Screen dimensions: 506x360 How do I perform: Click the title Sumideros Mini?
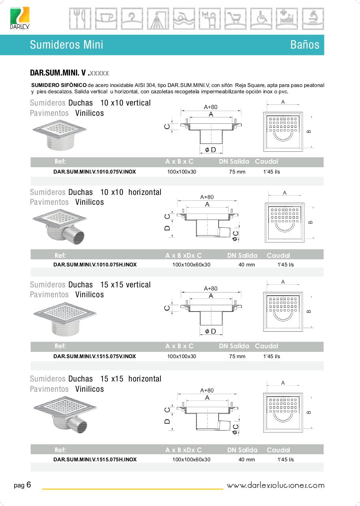coord(66,45)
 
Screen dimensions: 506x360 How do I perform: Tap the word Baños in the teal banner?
coord(305,45)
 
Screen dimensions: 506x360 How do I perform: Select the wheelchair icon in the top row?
coord(261,19)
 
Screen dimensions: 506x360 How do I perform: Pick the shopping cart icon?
coord(236,19)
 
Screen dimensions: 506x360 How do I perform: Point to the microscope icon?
coord(313,19)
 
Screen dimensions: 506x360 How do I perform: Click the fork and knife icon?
coord(80,19)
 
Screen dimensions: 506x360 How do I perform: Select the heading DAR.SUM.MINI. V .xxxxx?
coord(70,73)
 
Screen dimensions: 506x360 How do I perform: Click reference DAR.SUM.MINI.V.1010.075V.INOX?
coord(94,172)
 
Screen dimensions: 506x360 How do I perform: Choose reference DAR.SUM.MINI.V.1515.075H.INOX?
coord(95,460)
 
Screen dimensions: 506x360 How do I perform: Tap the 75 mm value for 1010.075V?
coord(237,172)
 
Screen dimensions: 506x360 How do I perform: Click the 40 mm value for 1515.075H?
coord(247,460)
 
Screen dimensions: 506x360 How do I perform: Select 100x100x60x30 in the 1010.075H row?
coord(191,265)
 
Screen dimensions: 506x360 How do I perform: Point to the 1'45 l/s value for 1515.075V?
coord(271,357)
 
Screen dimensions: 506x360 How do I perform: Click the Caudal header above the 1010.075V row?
coord(266,161)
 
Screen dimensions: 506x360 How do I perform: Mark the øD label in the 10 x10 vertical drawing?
coord(210,150)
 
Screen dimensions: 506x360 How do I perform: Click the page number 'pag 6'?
coord(23,485)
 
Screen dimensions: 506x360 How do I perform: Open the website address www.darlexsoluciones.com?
coord(275,485)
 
